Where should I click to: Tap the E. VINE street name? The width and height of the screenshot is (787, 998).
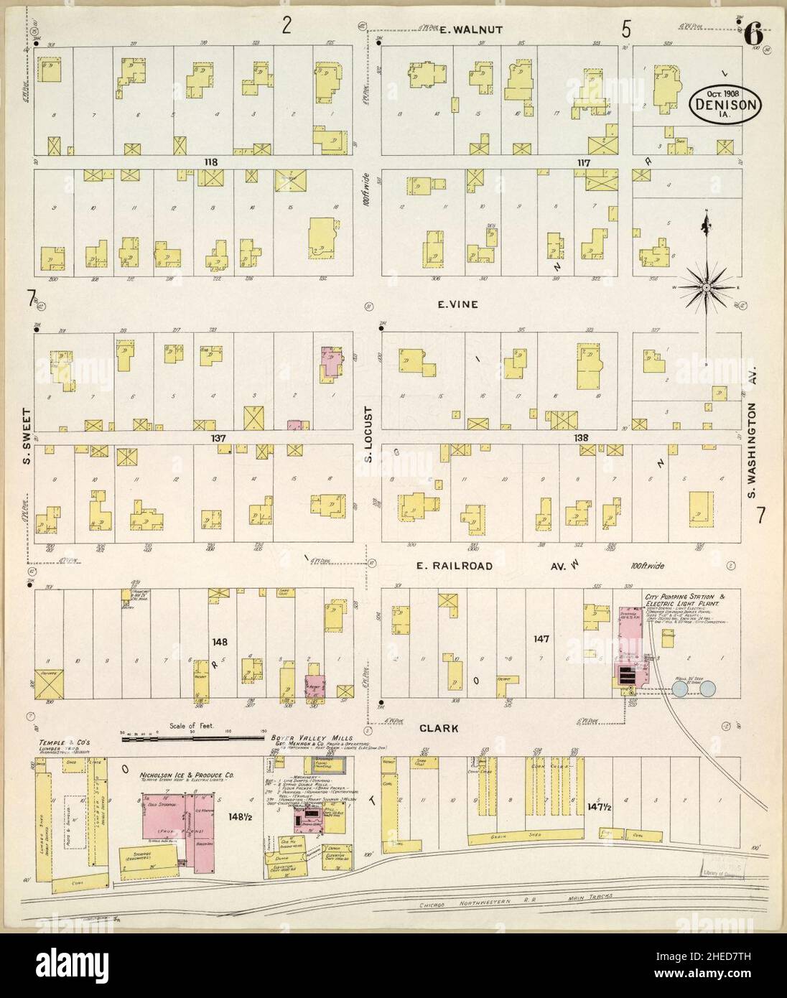tap(458, 304)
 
